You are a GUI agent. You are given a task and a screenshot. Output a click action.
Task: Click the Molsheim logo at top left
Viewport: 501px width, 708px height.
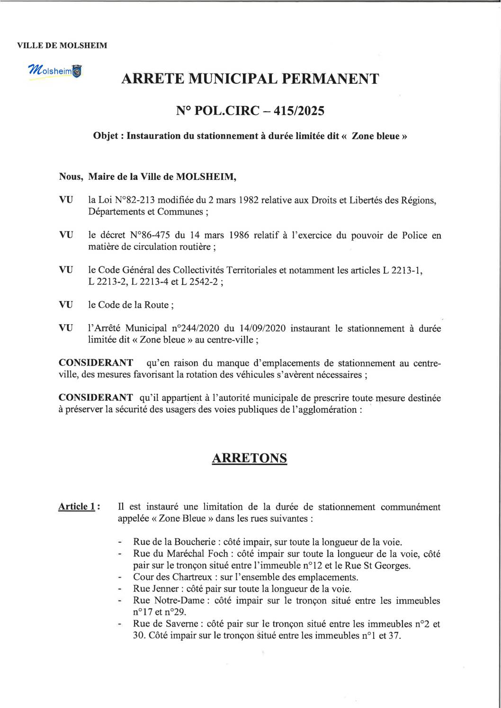[54, 71]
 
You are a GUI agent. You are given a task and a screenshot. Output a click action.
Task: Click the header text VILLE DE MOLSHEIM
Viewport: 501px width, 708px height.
[62, 45]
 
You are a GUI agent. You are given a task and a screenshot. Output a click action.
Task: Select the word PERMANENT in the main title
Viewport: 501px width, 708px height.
[331, 79]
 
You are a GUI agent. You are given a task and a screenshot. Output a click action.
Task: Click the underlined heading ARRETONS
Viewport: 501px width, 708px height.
[249, 458]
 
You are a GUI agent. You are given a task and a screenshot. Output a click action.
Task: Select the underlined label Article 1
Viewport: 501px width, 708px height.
[76, 507]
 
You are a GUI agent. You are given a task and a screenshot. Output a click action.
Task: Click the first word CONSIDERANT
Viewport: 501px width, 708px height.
[96, 363]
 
